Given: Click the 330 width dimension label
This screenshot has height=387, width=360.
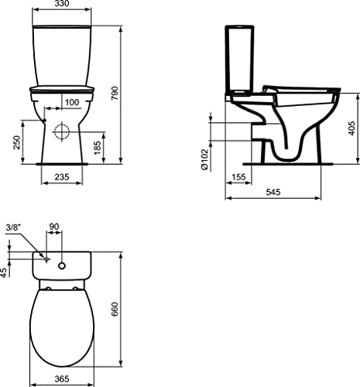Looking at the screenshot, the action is (x=62, y=4).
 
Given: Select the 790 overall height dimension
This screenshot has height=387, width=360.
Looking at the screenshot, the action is (x=114, y=94).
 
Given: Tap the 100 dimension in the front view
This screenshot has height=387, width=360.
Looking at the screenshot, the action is (x=72, y=102).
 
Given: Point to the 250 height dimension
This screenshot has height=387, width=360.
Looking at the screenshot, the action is (x=17, y=142).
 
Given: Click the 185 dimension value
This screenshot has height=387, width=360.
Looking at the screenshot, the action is (x=98, y=148).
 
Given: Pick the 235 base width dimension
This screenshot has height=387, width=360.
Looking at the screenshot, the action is (x=62, y=177).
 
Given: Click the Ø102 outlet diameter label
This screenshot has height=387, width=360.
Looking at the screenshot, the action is (x=204, y=159).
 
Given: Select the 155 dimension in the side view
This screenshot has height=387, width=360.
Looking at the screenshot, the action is (x=238, y=177).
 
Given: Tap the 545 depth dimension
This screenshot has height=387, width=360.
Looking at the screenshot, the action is (x=273, y=192).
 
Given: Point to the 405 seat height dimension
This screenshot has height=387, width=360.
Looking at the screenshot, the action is (x=352, y=128).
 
